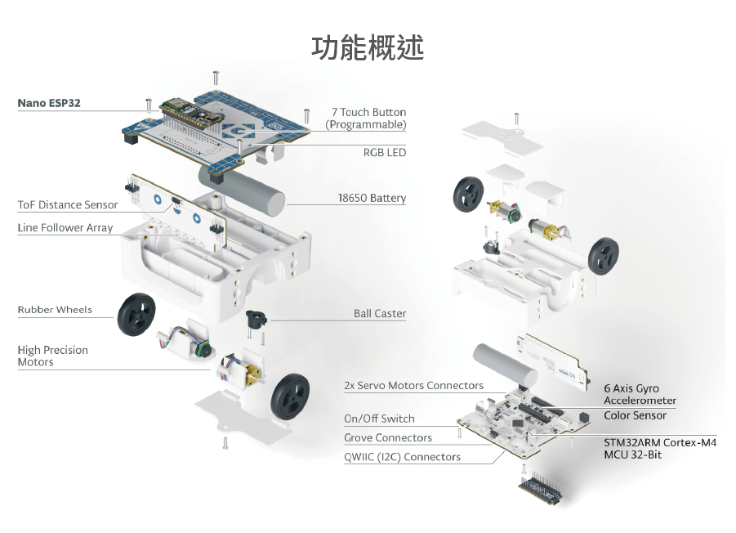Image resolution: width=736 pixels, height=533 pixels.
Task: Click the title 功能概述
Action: coord(368,47)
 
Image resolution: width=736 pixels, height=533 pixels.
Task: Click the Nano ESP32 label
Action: coord(49,104)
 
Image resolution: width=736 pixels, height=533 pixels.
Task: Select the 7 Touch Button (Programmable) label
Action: coord(366,119)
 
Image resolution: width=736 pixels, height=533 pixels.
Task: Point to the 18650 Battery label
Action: coord(372,199)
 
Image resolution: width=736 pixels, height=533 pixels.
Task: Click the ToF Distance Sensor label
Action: coord(68,205)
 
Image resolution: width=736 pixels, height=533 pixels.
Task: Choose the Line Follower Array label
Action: coord(65,228)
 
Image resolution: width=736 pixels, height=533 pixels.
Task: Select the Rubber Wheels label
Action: coord(55,310)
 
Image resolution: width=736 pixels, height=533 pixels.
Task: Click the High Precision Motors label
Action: coord(52,356)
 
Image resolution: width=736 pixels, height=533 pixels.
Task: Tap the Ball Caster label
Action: coord(379,314)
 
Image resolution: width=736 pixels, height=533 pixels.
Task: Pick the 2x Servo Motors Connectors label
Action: coord(413,386)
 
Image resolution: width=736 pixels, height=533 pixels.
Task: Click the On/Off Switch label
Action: coord(379,419)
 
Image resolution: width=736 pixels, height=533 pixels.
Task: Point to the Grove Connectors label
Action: coord(387,438)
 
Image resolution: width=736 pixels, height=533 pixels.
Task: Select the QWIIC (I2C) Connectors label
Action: coord(402,457)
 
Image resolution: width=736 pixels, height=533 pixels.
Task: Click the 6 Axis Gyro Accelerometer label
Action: coord(640,394)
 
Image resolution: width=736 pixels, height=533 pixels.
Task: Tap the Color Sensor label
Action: coord(635,415)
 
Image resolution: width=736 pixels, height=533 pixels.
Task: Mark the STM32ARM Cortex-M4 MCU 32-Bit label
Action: coord(659,448)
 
